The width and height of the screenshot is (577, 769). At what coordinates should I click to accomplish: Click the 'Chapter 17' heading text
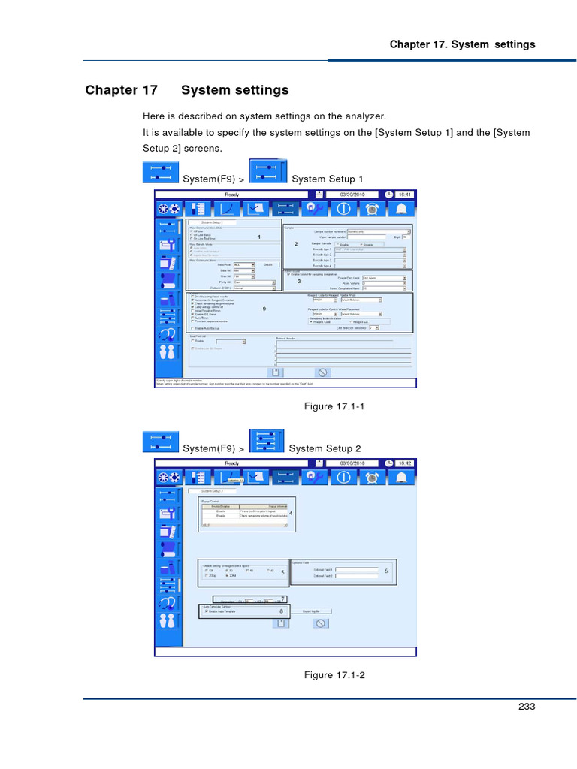pos(121,90)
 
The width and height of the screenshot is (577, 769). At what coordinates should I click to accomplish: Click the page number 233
pos(527,706)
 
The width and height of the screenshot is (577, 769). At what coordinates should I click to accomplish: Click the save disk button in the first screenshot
pos(276,372)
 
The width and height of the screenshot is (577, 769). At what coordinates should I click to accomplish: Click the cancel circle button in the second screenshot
pos(321,623)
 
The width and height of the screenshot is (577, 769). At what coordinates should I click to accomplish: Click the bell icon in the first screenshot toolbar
pos(403,209)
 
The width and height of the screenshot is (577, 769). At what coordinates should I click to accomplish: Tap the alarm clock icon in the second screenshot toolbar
pos(373,478)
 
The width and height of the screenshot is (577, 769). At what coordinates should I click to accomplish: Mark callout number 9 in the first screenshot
pos(264,309)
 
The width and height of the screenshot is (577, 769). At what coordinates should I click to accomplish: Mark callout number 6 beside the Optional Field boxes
pos(386,571)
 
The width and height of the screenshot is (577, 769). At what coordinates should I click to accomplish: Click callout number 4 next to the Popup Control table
pos(291,513)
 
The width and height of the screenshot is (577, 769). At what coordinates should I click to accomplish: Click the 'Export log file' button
pos(311,611)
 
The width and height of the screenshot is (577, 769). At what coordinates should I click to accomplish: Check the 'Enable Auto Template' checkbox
pos(207,611)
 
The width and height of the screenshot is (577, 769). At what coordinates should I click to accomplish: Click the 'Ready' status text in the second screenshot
pos(232,463)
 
